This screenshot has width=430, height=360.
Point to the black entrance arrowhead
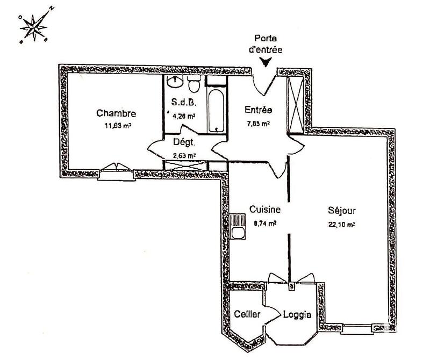click(265, 63)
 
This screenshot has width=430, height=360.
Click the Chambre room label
click(116, 113)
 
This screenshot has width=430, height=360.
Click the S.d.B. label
click(181, 103)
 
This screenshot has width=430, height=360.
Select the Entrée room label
click(258, 111)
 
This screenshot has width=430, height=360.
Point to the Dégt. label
click(183, 143)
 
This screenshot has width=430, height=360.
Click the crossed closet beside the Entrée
click(296, 104)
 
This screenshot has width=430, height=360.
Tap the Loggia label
click(297, 315)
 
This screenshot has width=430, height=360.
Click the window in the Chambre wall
click(114, 172)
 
